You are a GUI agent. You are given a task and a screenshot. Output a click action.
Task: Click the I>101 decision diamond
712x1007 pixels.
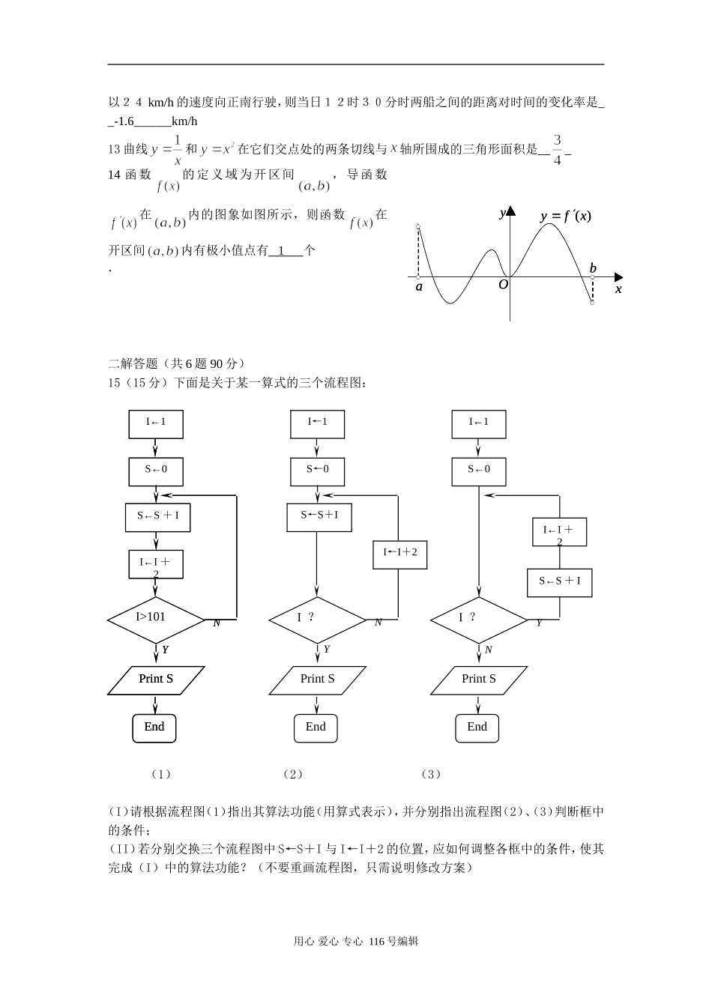tap(156, 619)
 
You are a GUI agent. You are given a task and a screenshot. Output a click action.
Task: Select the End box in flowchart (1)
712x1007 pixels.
tap(154, 727)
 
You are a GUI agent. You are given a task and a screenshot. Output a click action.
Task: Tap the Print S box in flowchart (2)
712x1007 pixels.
tap(317, 680)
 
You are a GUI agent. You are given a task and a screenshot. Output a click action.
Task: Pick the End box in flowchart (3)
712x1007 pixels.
tap(477, 727)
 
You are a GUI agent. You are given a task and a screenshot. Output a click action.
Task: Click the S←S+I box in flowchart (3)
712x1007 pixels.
tap(559, 581)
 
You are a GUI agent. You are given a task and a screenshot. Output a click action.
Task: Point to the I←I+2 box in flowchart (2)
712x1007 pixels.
tap(400, 553)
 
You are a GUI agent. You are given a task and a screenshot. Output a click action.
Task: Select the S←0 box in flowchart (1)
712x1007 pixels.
tap(156, 470)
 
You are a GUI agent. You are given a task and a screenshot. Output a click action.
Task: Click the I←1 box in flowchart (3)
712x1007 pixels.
tap(479, 423)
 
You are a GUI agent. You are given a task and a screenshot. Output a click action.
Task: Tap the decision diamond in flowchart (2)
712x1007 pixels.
tap(317, 619)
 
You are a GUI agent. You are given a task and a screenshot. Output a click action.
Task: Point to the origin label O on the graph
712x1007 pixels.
tap(503, 285)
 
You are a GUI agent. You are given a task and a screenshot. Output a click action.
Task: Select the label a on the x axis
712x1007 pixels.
tap(419, 287)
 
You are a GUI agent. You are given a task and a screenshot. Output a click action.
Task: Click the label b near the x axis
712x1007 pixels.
tap(593, 268)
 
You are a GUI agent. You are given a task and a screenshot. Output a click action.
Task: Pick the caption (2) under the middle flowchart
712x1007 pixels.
tap(293, 774)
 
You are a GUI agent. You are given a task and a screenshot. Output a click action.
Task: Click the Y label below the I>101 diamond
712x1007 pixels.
tap(165, 650)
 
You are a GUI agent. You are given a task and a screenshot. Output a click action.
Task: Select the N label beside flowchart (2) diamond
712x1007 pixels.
tap(378, 623)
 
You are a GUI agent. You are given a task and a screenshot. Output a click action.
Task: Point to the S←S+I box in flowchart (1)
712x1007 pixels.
tap(157, 516)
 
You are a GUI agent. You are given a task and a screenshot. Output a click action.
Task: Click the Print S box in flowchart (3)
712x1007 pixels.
tap(479, 680)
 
